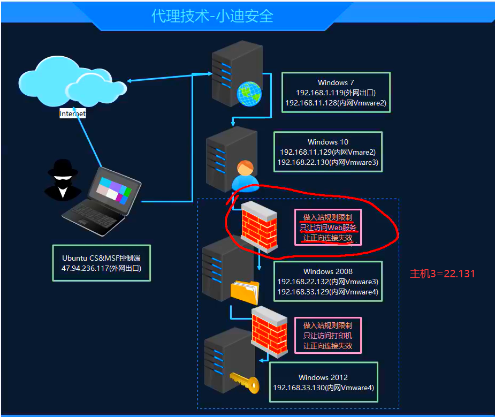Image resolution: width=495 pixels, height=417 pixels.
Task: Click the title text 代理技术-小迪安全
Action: (x=212, y=16)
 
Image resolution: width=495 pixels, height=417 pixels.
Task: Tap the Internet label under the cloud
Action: (x=72, y=113)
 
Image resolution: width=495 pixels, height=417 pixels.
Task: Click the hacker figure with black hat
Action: (x=63, y=179)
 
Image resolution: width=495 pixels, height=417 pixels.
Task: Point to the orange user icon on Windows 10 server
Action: (x=245, y=176)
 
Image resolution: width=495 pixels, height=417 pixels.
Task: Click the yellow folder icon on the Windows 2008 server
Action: (x=245, y=292)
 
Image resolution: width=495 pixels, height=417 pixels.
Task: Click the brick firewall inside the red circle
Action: (x=259, y=226)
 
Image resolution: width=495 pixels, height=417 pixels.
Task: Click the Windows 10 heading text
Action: (x=328, y=142)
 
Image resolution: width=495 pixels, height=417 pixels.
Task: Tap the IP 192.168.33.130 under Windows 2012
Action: (x=299, y=387)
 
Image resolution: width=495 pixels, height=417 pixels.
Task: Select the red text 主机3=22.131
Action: (x=442, y=274)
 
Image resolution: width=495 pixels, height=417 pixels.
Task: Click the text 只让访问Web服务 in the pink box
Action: (x=328, y=228)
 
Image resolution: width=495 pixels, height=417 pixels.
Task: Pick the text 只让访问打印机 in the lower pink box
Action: (x=328, y=336)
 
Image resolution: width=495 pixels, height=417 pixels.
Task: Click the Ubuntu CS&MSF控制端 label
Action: (x=101, y=257)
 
